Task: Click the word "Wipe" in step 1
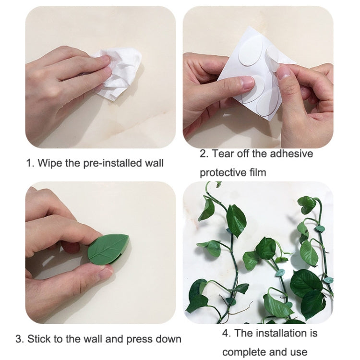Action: pyautogui.click(x=50, y=163)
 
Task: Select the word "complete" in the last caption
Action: pyautogui.click(x=245, y=352)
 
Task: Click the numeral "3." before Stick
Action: pyautogui.click(x=20, y=339)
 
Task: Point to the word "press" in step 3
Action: pyautogui.click(x=140, y=339)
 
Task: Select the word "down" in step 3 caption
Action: pyautogui.click(x=168, y=339)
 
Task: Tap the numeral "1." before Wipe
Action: pyautogui.click(x=30, y=163)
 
